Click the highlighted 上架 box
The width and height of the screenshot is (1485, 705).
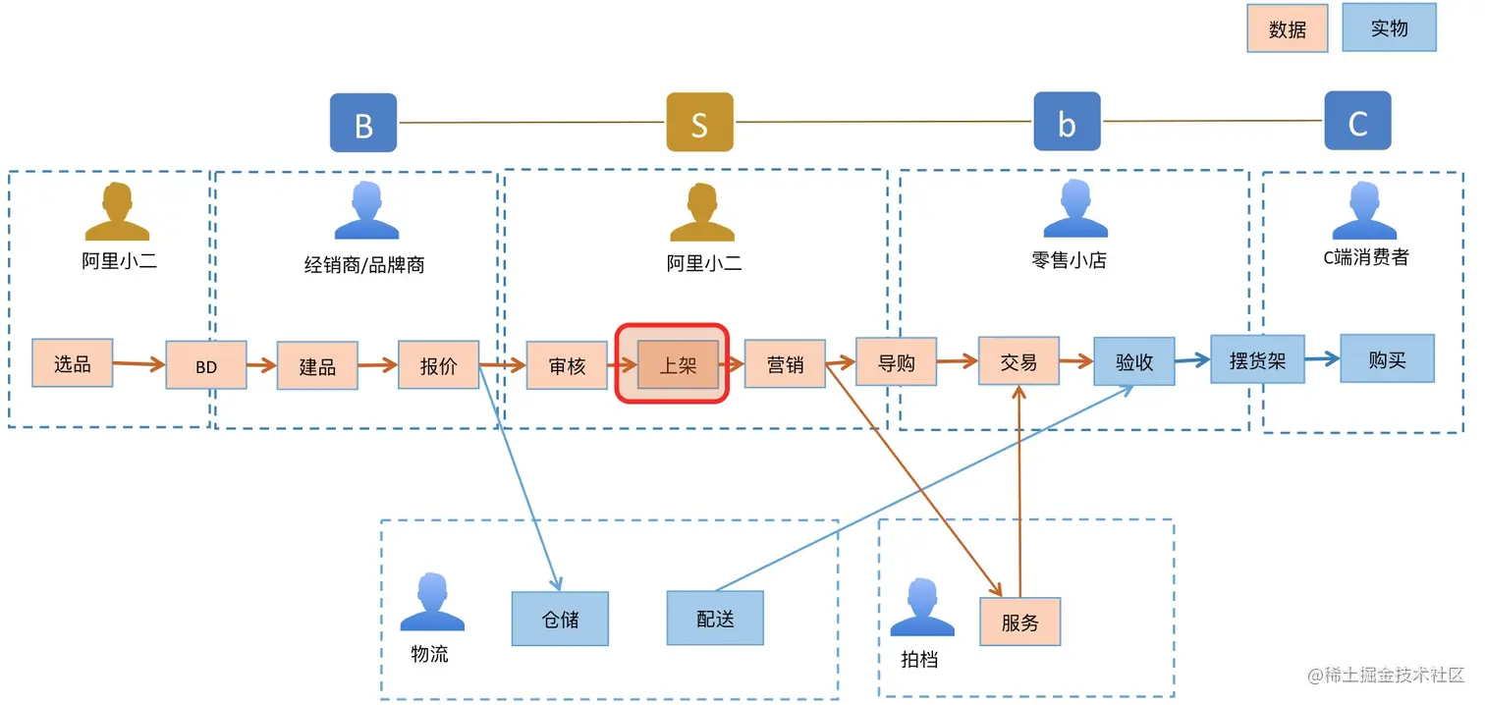678,364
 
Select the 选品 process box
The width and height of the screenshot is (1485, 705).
73,363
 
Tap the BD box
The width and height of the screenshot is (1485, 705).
206,366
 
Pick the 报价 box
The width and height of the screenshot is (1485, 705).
438,365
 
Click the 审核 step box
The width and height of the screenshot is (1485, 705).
567,365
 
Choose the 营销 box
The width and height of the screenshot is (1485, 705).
785,364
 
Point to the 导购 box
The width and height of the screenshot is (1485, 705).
896,362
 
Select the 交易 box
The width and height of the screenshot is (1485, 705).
1018,361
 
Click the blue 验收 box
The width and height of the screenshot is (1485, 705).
1134,362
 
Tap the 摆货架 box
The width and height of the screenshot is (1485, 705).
1257,359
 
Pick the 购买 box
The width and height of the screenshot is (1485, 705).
1387,359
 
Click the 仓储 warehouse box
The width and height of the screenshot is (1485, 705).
560,619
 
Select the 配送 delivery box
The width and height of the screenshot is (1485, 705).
715,619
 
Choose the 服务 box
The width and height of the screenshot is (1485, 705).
1020,622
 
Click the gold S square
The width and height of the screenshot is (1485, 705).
699,123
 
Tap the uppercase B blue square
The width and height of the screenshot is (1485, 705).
363,124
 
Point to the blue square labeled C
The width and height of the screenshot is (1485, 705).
1357,122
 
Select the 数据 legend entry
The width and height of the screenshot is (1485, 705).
1288,29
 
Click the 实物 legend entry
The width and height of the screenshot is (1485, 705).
1389,28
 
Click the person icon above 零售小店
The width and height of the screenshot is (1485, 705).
1074,210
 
